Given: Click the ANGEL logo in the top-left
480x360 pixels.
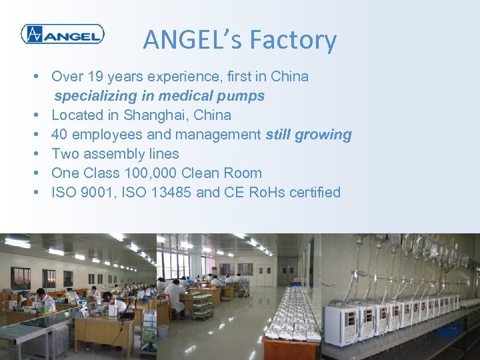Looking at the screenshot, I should click(x=62, y=33).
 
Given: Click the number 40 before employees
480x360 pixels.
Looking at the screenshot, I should click(x=60, y=135).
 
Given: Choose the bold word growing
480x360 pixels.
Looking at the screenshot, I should click(x=325, y=135).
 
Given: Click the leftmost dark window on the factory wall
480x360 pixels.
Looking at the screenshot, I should click(x=20, y=277).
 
